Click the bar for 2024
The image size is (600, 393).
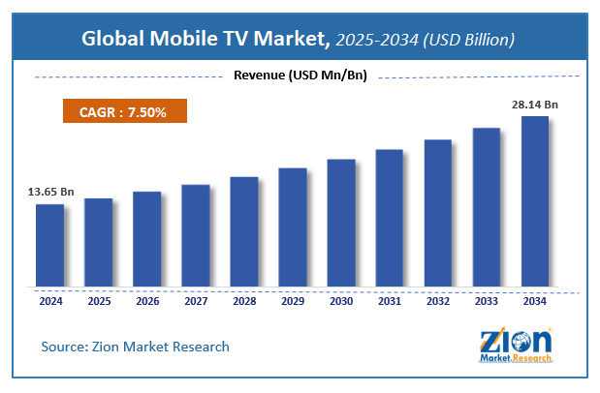[49, 246]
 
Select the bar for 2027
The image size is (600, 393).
[195, 236]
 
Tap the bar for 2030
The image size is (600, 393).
[341, 224]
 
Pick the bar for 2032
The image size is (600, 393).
[438, 214]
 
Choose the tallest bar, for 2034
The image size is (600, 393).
[535, 202]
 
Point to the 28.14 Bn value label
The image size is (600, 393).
[535, 105]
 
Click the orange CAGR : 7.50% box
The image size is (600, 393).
[124, 113]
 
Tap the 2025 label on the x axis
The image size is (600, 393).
[98, 300]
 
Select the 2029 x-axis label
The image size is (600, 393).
[292, 300]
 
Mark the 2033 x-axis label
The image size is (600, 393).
[487, 300]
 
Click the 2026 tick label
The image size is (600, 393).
[146, 300]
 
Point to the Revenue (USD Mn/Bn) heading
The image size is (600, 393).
[300, 76]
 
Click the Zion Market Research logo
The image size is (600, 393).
[516, 345]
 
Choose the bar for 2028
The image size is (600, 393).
[243, 232]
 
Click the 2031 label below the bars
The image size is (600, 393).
[390, 300]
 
